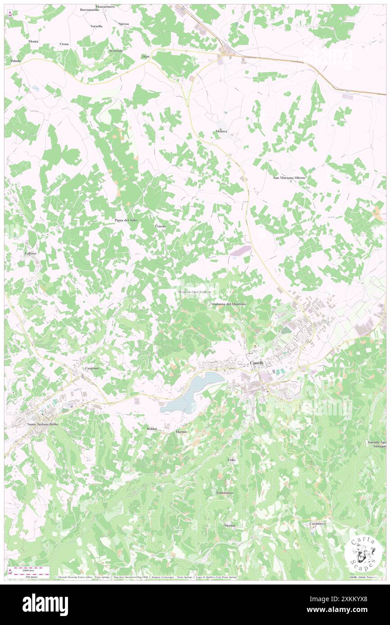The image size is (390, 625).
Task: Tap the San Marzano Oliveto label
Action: (x=290, y=178)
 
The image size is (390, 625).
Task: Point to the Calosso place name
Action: (x=31, y=254)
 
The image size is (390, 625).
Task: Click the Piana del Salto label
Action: (x=126, y=220)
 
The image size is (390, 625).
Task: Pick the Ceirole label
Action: (x=161, y=226)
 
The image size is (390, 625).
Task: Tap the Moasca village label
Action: (x=221, y=131)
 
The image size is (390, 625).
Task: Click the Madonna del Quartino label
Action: (x=228, y=304)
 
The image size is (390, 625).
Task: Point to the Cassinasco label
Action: (x=318, y=524)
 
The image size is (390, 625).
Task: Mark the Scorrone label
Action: (x=116, y=51)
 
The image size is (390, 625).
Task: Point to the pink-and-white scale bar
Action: (x=26, y=572)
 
